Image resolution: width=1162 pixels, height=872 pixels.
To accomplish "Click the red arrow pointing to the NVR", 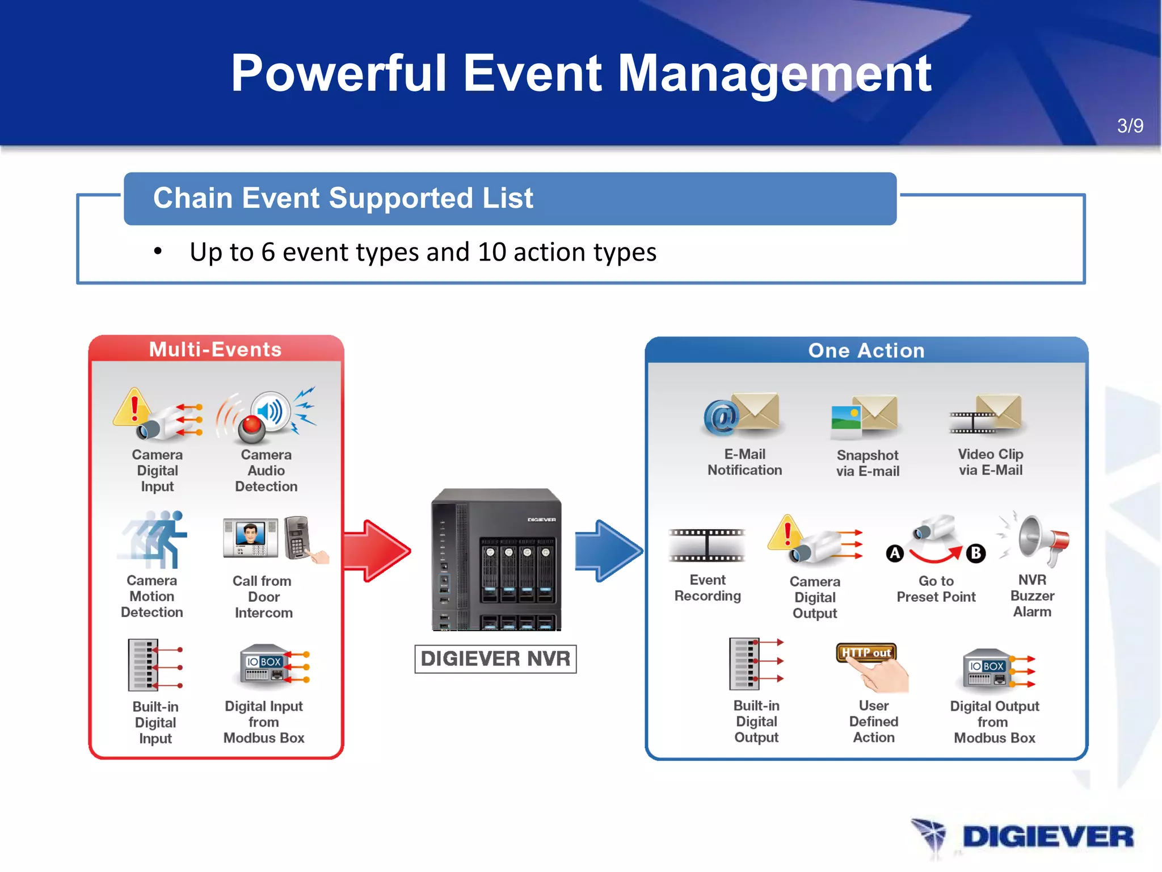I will click(377, 550).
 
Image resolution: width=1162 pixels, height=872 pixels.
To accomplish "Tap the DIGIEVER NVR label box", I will click(495, 659).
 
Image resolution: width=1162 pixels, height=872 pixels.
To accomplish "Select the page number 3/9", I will click(1130, 125).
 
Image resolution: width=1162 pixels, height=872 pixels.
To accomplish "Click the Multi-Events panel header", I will click(216, 349).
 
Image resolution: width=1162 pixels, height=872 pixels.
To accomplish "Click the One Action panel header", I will click(866, 350).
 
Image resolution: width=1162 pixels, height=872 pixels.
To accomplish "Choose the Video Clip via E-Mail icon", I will click(986, 414).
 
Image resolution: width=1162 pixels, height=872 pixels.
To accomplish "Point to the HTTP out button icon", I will click(866, 653).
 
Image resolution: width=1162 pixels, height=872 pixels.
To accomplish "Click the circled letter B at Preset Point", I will click(976, 553).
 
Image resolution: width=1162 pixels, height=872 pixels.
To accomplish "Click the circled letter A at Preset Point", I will click(895, 553).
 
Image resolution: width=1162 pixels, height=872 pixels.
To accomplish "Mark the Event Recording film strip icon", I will click(707, 546).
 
